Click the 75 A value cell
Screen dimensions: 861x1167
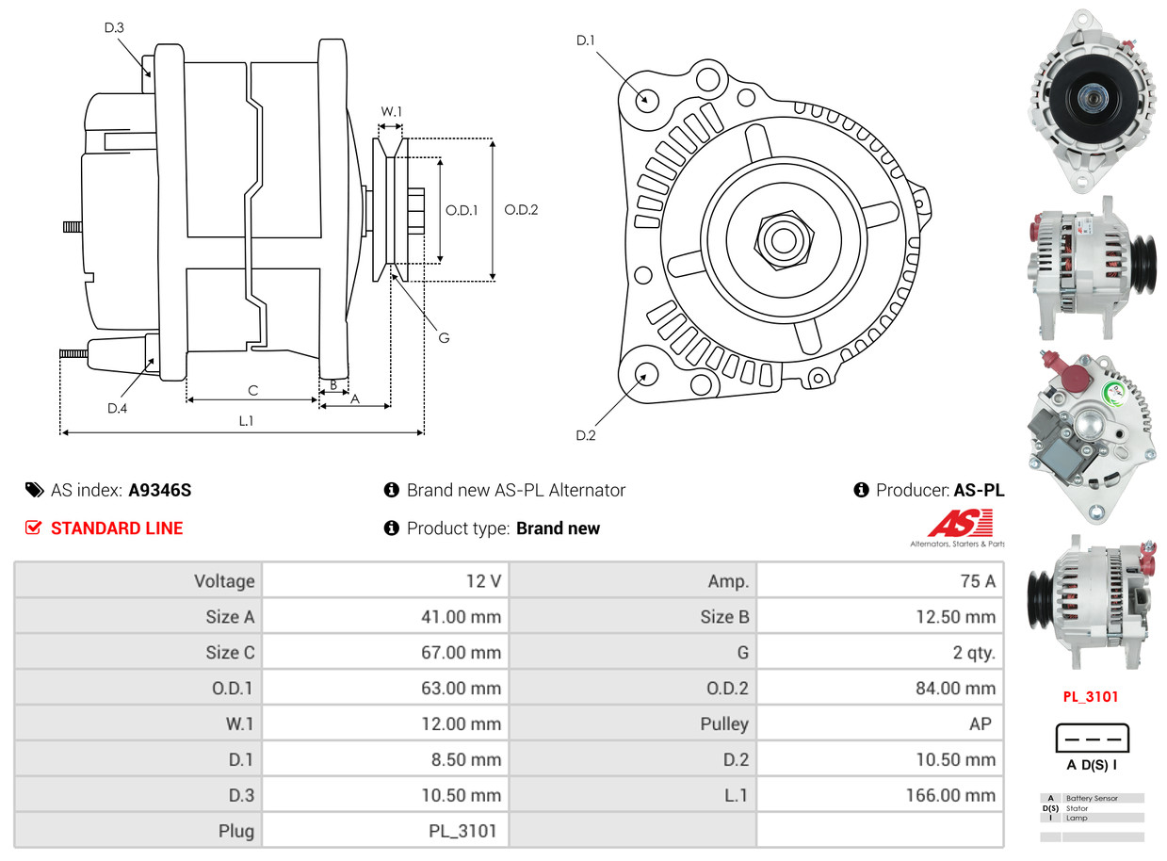click(977, 581)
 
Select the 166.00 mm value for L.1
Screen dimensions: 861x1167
click(951, 795)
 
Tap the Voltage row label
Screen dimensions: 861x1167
click(224, 581)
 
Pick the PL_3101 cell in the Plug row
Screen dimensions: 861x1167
click(462, 831)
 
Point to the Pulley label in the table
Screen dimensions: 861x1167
click(724, 724)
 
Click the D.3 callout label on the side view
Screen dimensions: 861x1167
click(114, 28)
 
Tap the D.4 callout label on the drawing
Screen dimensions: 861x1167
click(117, 408)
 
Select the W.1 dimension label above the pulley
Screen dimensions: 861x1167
click(391, 111)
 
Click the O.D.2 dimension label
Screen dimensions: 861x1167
click(521, 210)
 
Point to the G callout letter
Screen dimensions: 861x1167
click(444, 337)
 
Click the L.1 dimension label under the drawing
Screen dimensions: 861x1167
click(246, 421)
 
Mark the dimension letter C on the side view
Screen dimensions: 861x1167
click(252, 390)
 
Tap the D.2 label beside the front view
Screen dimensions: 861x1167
click(586, 435)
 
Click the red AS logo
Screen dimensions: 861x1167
click(960, 523)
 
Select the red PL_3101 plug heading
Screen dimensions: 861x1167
click(1091, 697)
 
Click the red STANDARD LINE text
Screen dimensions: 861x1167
click(117, 528)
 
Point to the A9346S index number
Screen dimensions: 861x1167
click(160, 490)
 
